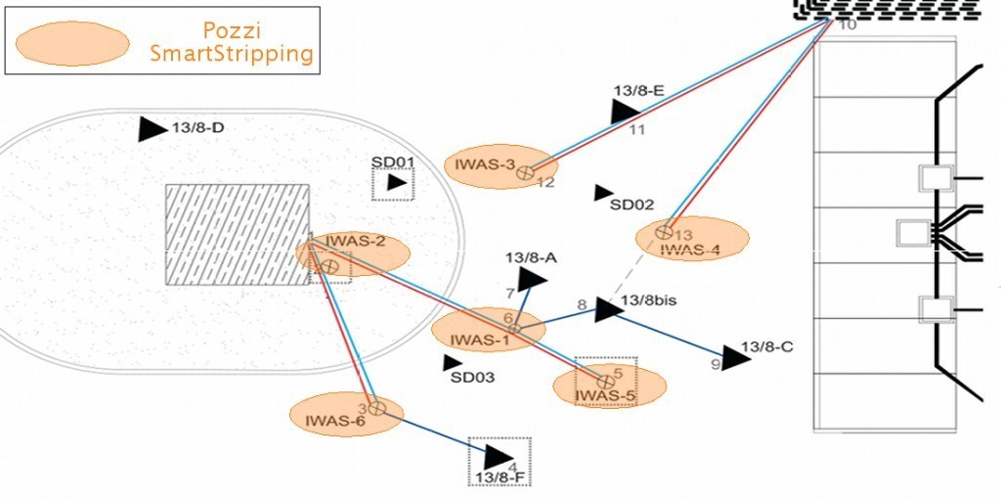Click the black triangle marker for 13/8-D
coord(152,129)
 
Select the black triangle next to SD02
coord(603,193)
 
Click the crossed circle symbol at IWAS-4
coord(664,233)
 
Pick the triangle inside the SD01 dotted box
coord(396,182)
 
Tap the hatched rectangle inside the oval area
coord(238,235)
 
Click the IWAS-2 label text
coord(355,241)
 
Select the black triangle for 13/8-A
coord(531,279)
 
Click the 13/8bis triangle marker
coord(608,310)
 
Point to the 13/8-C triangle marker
coord(735,357)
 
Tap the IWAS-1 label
coord(480,341)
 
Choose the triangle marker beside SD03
coord(453,363)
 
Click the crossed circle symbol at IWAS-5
coord(605,381)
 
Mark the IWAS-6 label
coord(334,422)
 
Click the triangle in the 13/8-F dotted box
coord(499,456)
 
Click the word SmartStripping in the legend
coord(232,54)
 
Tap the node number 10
coord(848,24)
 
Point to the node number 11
coord(636,129)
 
